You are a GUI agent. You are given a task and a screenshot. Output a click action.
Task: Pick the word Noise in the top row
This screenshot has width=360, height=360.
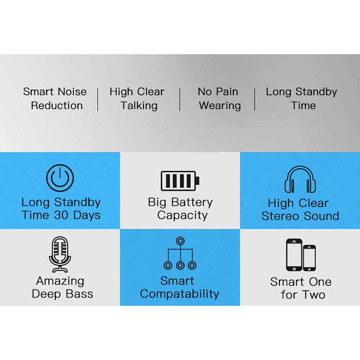72,92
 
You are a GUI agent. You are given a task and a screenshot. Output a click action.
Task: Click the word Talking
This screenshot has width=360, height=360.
139,106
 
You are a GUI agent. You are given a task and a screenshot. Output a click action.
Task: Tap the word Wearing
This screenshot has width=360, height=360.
220,106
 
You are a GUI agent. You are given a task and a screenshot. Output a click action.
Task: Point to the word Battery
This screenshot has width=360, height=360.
192,202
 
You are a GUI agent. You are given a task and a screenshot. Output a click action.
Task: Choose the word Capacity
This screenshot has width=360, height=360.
183,215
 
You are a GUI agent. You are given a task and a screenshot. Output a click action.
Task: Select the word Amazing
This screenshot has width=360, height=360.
60,281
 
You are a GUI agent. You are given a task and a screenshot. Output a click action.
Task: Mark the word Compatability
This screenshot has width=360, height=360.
180,294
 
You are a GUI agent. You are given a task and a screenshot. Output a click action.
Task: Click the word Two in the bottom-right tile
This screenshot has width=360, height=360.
314,295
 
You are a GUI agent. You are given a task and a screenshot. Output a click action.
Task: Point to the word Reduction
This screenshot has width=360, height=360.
57,105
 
